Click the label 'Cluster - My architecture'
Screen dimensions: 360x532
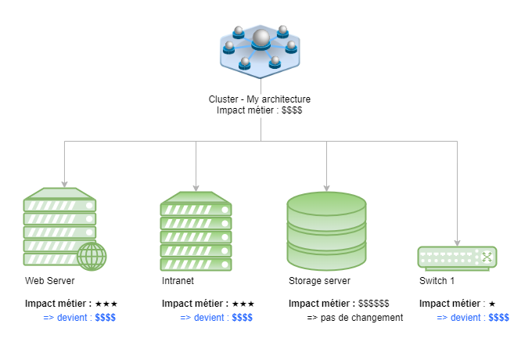pyautogui.click(x=260, y=99)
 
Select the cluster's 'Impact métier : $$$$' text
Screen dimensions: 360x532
pyautogui.click(x=260, y=111)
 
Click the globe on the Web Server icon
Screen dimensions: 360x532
pyautogui.click(x=92, y=256)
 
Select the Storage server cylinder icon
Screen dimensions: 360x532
pyautogui.click(x=326, y=229)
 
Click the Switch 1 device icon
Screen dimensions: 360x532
pyautogui.click(x=458, y=257)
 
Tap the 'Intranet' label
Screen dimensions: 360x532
pyautogui.click(x=178, y=280)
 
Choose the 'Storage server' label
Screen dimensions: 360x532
pyautogui.click(x=319, y=280)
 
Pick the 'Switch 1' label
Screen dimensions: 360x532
pyautogui.click(x=437, y=280)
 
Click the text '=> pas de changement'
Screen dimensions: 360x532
pyautogui.click(x=354, y=318)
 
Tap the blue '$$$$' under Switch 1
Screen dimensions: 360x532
pyautogui.click(x=498, y=318)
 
